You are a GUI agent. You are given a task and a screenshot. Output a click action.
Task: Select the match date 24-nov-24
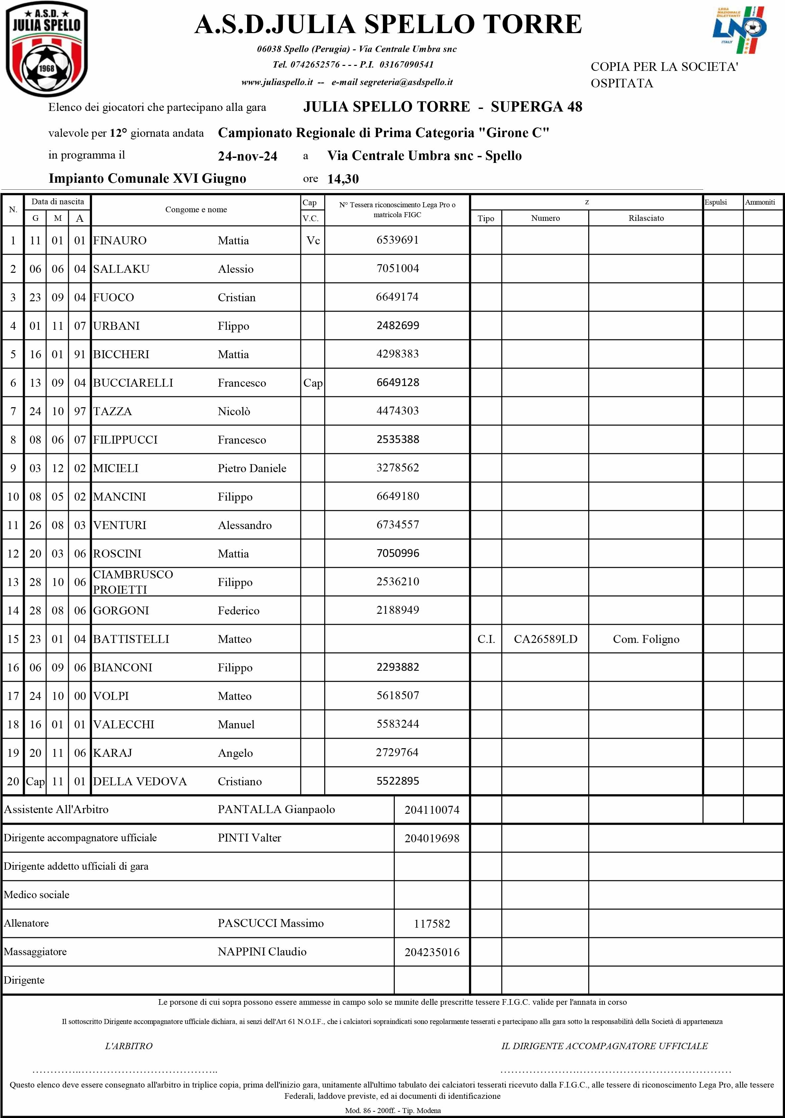(x=247, y=156)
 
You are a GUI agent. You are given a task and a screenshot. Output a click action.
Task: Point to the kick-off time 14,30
(x=343, y=179)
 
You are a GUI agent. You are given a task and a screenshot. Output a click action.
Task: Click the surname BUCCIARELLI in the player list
(x=133, y=383)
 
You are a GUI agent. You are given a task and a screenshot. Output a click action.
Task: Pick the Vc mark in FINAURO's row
(x=313, y=240)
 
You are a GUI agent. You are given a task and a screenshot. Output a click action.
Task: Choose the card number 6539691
(x=397, y=240)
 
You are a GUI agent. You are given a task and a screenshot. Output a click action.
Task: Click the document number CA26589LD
(x=545, y=639)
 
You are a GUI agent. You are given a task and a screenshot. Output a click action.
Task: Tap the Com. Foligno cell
(x=646, y=639)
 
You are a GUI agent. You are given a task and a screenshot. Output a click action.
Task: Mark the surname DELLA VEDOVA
(x=140, y=781)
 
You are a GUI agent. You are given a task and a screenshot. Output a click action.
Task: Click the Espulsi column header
(x=715, y=202)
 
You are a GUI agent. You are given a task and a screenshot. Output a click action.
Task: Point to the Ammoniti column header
(x=760, y=202)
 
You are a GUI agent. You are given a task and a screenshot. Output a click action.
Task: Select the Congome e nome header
(x=196, y=209)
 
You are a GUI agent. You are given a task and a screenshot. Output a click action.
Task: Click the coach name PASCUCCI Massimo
(x=270, y=923)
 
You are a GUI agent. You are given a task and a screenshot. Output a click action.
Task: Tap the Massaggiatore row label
(x=35, y=951)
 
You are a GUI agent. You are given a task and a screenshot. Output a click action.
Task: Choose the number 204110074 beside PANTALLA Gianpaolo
(x=432, y=810)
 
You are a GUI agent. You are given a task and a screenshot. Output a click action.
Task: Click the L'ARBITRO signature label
(x=129, y=1045)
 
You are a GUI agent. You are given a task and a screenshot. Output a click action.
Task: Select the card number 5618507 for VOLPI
(x=397, y=695)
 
